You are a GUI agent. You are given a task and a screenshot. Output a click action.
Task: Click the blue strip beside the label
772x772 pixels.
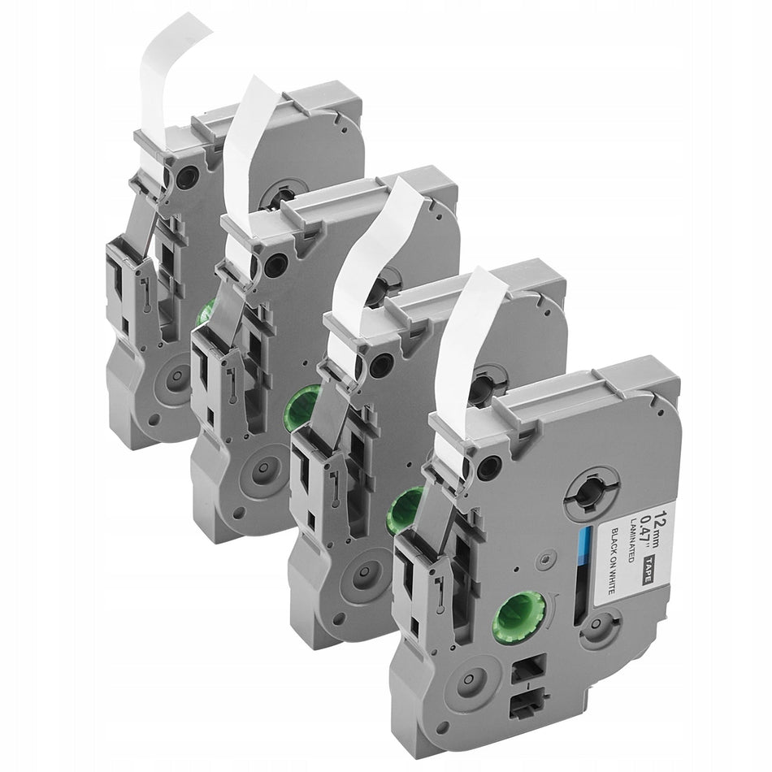(585, 545)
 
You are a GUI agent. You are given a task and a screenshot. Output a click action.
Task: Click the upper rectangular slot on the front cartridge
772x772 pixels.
(527, 669)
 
